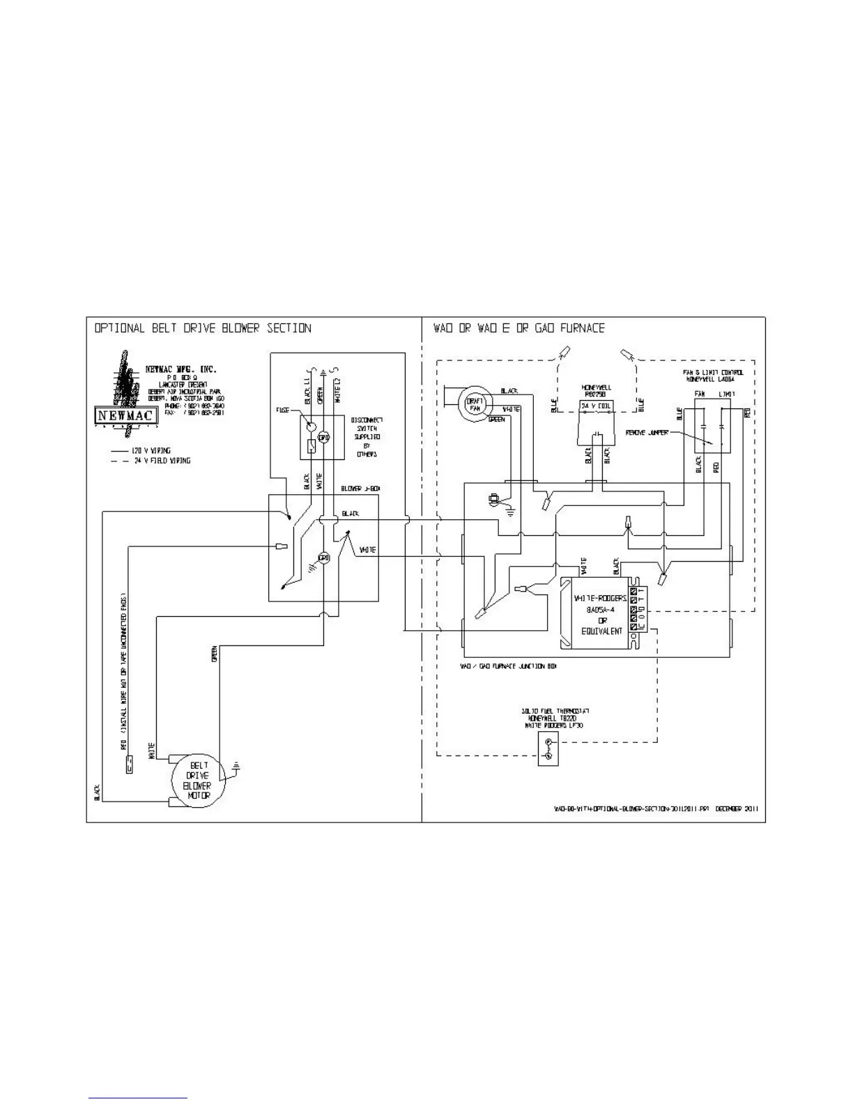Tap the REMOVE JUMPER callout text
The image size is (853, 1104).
(647, 432)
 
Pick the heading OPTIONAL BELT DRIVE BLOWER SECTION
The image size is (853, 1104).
(203, 328)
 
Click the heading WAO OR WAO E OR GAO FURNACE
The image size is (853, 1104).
(519, 328)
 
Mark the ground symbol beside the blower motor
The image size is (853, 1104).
(238, 769)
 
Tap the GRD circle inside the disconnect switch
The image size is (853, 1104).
(323, 437)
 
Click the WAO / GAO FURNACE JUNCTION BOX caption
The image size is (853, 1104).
(508, 666)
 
